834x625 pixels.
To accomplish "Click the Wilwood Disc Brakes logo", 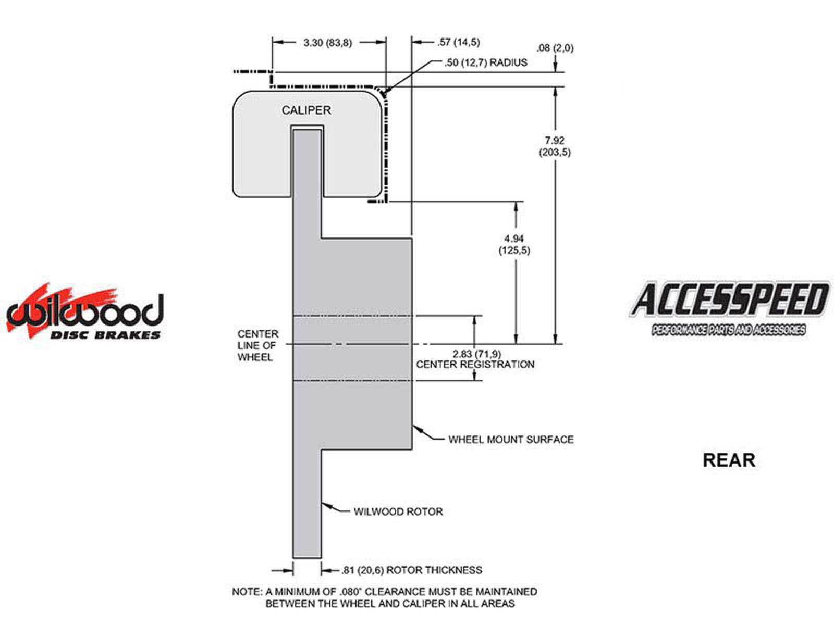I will pyautogui.click(x=84, y=312).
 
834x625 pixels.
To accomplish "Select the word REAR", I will pyautogui.click(x=729, y=460).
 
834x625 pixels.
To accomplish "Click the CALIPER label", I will pyautogui.click(x=306, y=110).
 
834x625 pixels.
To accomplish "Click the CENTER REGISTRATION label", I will pyautogui.click(x=475, y=365).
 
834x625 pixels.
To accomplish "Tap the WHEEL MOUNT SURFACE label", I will pyautogui.click(x=511, y=440).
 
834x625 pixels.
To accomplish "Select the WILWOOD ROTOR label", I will pyautogui.click(x=398, y=511).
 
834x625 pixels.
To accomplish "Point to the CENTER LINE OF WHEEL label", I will pyautogui.click(x=257, y=345).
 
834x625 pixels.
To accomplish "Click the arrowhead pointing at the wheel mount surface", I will pyautogui.click(x=416, y=429).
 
